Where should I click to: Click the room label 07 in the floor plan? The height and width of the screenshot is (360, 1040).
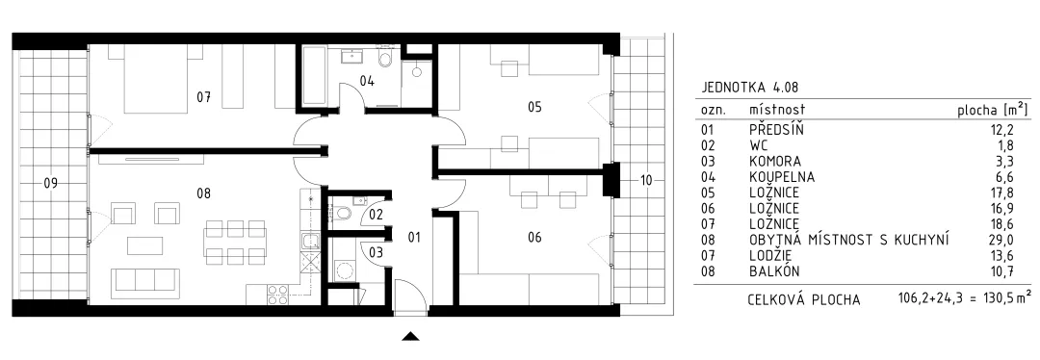pos(203,97)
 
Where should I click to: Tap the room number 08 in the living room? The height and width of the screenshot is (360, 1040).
pos(203,193)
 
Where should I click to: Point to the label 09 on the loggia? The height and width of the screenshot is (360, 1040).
pos(50,184)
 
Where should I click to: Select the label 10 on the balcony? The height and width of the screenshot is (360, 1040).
pos(647,180)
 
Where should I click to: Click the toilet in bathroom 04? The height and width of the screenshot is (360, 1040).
pos(384,61)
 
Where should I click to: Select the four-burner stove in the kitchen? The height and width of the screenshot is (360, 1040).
pos(277,295)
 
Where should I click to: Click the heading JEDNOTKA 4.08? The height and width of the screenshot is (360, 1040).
pos(745,88)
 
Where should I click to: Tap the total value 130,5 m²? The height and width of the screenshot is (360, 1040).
pos(1000,299)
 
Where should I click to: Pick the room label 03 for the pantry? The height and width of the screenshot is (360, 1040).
pos(377,252)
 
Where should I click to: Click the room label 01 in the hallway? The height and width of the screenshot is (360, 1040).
pos(414,237)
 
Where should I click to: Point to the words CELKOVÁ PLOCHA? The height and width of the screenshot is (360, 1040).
pos(804,299)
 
